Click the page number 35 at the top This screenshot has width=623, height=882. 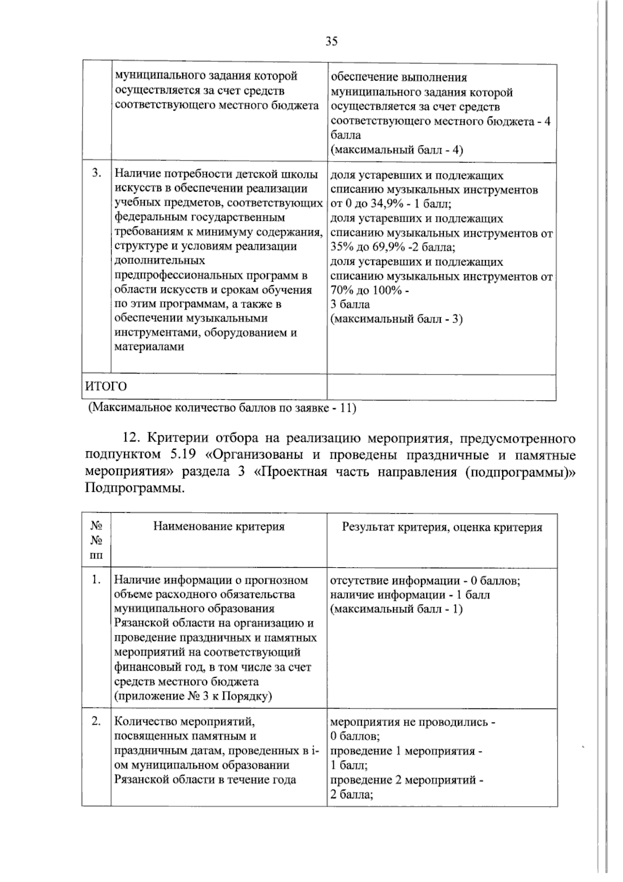331,42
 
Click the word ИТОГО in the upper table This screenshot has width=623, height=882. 106,386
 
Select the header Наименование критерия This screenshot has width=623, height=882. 219,526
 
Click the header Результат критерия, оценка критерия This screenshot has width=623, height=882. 442,527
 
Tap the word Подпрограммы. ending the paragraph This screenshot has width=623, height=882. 134,489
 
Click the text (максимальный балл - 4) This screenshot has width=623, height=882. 397,150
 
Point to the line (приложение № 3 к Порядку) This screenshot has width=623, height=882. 193,696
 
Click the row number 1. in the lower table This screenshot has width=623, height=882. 96,580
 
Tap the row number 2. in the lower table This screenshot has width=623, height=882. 96,721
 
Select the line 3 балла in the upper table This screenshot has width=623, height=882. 350,304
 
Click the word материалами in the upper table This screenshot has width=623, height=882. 149,347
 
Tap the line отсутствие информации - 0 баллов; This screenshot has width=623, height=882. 425,580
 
